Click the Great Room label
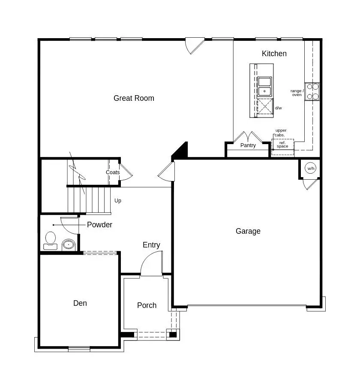tap(134, 98)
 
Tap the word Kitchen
tap(274, 54)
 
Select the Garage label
tap(248, 231)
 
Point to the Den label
tap(80, 303)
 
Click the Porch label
tap(147, 305)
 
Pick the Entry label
tap(151, 245)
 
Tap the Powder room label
tap(99, 225)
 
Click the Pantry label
tap(248, 145)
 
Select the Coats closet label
tap(113, 172)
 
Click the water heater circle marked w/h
tap(311, 169)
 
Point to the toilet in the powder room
tap(51, 240)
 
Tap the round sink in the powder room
tap(69, 245)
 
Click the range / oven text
tap(297, 93)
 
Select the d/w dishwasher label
tap(279, 108)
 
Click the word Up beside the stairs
tap(118, 200)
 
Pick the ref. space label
tap(282, 145)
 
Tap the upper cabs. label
tap(280, 133)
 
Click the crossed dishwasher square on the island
tap(265, 106)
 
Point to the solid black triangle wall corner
tap(181, 151)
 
